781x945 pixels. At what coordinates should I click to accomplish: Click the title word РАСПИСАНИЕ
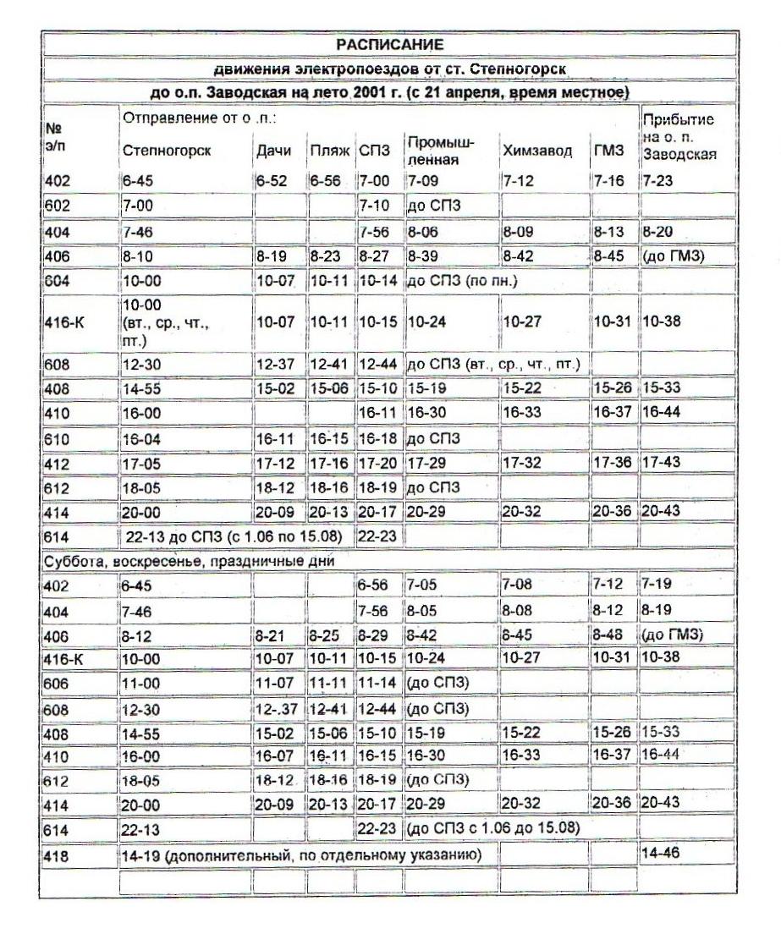pyautogui.click(x=390, y=43)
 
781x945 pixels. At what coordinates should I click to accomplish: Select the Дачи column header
pyautogui.click(x=272, y=151)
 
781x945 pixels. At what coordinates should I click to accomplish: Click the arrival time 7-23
pyautogui.click(x=655, y=181)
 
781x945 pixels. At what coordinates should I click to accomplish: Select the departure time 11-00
pyautogui.click(x=140, y=681)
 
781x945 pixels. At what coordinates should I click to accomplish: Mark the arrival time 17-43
pyautogui.click(x=660, y=464)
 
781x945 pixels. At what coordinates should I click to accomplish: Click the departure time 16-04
pyautogui.click(x=140, y=440)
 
